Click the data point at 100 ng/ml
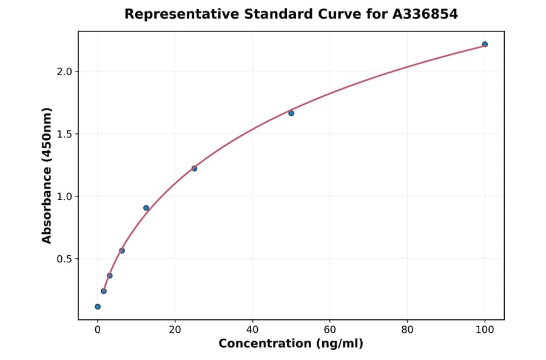(x=485, y=44)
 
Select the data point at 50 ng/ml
(x=291, y=113)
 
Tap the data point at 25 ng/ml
(x=194, y=168)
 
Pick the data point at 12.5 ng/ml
(x=146, y=208)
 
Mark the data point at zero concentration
(x=98, y=307)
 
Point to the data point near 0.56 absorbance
(x=122, y=251)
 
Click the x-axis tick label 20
(x=175, y=330)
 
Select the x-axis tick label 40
(x=252, y=330)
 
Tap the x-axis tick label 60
(x=330, y=330)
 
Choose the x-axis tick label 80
(x=407, y=330)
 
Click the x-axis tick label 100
(x=485, y=330)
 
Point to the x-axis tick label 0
(x=98, y=330)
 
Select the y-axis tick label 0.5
(x=64, y=259)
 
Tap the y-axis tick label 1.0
(x=64, y=196)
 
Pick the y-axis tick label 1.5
(x=64, y=134)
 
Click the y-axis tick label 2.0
(x=64, y=72)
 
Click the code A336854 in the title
(x=423, y=14)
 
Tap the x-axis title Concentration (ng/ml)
(x=291, y=344)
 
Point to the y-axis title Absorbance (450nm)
(x=47, y=175)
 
